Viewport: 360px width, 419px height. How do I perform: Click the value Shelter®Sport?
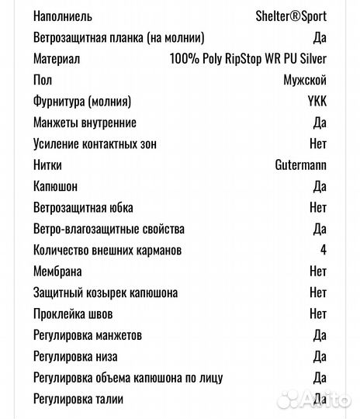[x=291, y=16]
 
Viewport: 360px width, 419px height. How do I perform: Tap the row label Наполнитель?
[x=64, y=16]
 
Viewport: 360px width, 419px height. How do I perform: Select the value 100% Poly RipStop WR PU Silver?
[x=247, y=59]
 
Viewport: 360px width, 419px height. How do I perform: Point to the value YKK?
[x=317, y=102]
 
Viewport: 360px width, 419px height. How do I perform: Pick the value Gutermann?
[x=300, y=165]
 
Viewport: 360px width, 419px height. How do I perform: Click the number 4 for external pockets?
[x=323, y=251]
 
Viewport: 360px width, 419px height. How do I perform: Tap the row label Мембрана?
[x=58, y=272]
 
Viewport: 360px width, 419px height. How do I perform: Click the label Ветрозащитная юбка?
[x=84, y=208]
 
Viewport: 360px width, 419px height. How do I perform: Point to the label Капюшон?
[x=56, y=187]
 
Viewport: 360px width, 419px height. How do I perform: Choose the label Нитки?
[x=48, y=165]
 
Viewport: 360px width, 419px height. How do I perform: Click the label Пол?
[x=43, y=80]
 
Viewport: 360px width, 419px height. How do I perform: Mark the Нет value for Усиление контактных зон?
[x=318, y=144]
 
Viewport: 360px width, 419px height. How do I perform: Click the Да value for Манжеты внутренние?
[x=319, y=123]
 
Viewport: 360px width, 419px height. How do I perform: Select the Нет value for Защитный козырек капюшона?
[x=318, y=293]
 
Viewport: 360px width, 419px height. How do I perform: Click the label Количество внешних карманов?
[x=108, y=251]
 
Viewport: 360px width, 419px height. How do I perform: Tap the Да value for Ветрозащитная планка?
[x=319, y=37]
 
